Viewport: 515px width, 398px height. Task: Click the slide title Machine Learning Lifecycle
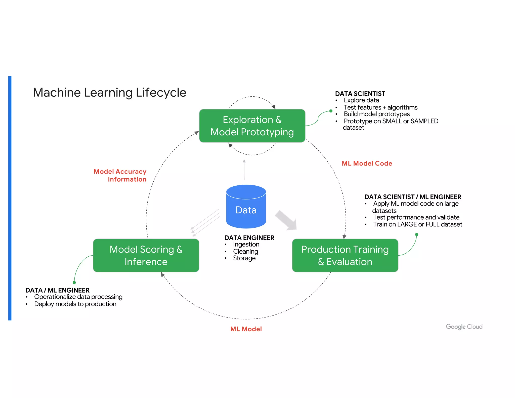coord(110,93)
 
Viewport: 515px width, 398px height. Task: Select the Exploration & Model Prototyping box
coord(252,126)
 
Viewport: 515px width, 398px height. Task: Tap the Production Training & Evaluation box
coord(345,255)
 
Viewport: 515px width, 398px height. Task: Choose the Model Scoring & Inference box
coord(146,255)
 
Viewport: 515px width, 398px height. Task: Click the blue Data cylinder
coord(246,207)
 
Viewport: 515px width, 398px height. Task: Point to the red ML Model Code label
coord(367,164)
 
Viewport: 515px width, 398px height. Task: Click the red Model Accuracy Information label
coord(120,175)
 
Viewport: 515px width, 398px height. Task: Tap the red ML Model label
coord(246,329)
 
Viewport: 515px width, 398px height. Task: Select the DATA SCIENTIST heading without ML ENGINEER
coord(360,94)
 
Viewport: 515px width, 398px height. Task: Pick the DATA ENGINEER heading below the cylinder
coord(249,238)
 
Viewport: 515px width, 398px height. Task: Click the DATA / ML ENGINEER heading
coord(57,290)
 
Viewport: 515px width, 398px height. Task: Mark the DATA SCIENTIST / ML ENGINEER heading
coord(413,197)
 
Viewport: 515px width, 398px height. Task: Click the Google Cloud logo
coord(464,327)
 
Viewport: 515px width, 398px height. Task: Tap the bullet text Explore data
coord(361,100)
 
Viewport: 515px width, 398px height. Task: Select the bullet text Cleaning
coord(245,251)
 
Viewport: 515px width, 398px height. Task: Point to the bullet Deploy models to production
coord(75,304)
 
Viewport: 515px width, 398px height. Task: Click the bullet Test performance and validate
coord(416,217)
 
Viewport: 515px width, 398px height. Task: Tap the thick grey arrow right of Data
coord(286,220)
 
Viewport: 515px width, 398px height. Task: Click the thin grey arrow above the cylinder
coord(244,170)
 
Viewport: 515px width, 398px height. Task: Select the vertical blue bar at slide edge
coord(10,198)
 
